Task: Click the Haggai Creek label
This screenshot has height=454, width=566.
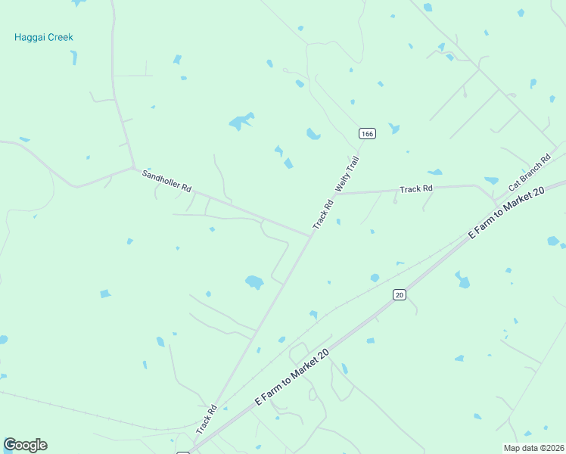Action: click(44, 37)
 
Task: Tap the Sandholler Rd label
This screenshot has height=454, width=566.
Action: click(167, 180)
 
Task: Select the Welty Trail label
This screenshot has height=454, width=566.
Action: click(347, 176)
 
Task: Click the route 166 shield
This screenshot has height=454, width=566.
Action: click(367, 134)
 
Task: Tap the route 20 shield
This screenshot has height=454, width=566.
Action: click(400, 294)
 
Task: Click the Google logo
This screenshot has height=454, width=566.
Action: click(25, 445)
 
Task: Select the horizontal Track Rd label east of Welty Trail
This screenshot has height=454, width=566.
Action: click(415, 188)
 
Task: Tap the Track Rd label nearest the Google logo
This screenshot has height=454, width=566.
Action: click(207, 419)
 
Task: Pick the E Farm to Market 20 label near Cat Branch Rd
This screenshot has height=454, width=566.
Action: click(506, 213)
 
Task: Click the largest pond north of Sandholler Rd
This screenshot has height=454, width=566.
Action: click(241, 121)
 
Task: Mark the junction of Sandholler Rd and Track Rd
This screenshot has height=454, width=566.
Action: click(311, 235)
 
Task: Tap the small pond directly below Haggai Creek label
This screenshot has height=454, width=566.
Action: click(73, 57)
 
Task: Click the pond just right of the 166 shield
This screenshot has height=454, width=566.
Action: click(393, 129)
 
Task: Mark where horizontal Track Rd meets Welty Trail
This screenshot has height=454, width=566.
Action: click(340, 194)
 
